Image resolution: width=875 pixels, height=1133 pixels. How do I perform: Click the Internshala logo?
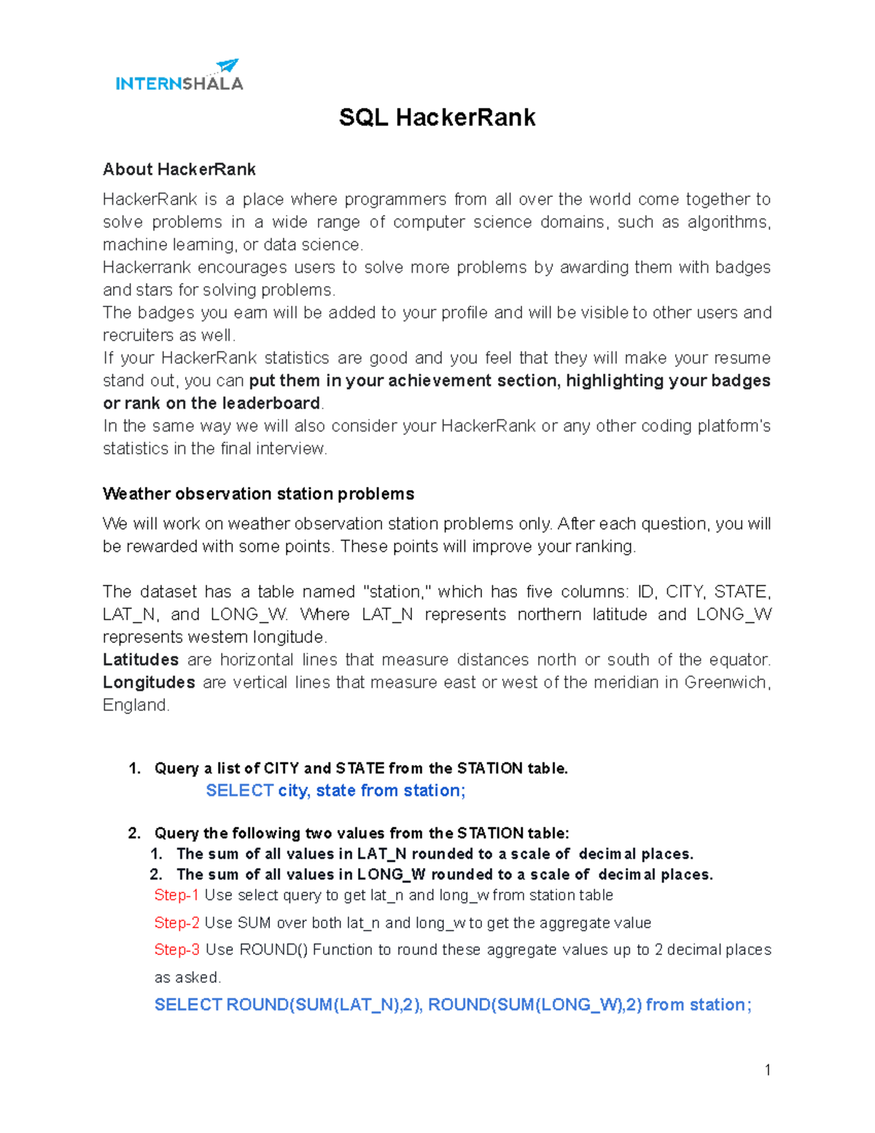point(179,83)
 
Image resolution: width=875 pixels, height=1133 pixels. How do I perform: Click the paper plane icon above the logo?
point(227,66)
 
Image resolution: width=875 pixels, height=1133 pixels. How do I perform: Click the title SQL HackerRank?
point(437,117)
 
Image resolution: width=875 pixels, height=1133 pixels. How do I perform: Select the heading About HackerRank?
point(179,169)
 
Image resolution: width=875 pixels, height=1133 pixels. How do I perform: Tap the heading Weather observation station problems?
point(258,494)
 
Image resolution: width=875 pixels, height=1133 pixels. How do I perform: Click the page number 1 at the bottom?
point(767,1070)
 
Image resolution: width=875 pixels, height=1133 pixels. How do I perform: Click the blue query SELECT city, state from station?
point(335,791)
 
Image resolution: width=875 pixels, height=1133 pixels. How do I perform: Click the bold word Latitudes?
point(141,660)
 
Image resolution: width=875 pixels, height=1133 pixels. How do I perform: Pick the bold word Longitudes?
point(149,682)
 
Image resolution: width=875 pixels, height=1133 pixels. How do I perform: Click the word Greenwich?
point(725,682)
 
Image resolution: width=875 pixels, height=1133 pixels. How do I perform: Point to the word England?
point(135,705)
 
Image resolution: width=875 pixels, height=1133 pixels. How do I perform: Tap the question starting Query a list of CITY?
point(361,768)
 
